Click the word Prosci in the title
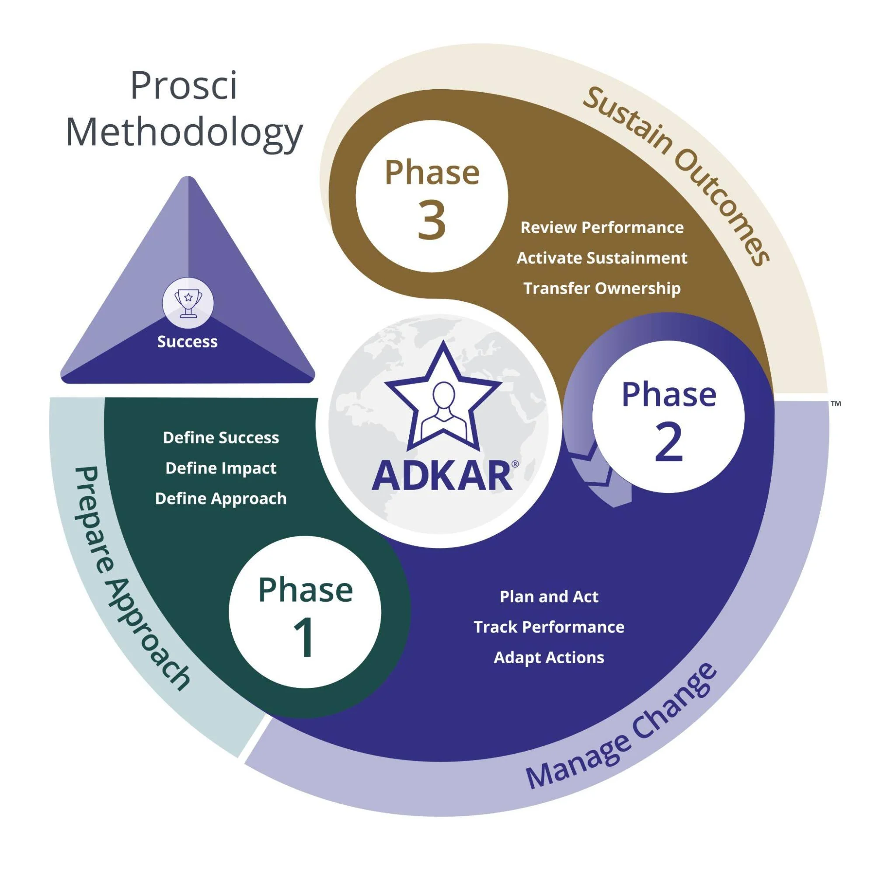pos(184,86)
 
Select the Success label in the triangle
pos(187,342)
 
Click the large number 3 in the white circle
pos(432,221)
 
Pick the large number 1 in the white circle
pos(304,639)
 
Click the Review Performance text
pos(602,227)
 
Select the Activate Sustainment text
pos(602,258)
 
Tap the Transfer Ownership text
pos(602,288)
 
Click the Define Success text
pos(221,438)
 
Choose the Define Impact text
pos(221,468)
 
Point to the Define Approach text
pos(221,498)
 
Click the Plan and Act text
pos(549,597)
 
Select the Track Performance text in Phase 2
pos(549,627)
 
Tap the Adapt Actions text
pos(549,657)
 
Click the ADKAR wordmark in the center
pos(442,476)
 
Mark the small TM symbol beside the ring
pos(836,403)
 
